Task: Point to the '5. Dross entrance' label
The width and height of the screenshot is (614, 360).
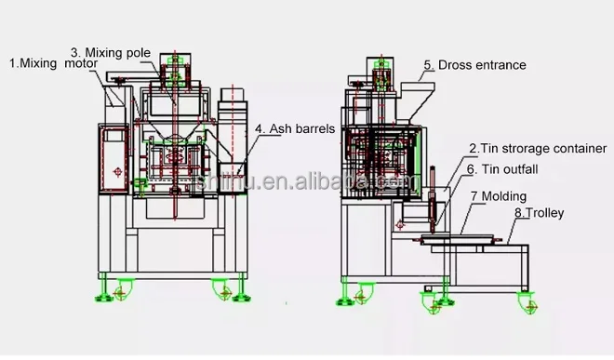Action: (x=474, y=65)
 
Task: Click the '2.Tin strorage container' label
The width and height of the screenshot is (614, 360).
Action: (x=538, y=148)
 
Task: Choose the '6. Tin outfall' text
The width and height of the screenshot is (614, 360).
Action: (x=502, y=169)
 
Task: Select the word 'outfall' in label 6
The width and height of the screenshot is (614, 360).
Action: (x=516, y=169)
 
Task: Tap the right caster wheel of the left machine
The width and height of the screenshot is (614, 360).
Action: (x=224, y=290)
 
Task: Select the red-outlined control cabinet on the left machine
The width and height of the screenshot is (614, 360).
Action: (x=117, y=158)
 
